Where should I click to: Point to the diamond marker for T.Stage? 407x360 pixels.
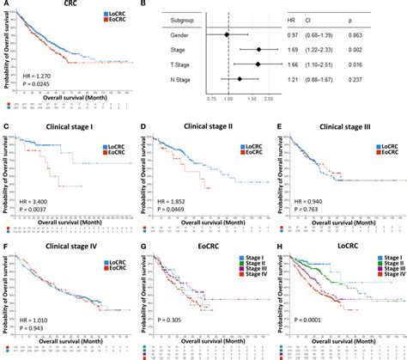[x=258, y=65]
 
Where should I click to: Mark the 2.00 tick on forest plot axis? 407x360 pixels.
[x=269, y=100]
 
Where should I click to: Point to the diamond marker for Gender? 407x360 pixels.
[x=227, y=35]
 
